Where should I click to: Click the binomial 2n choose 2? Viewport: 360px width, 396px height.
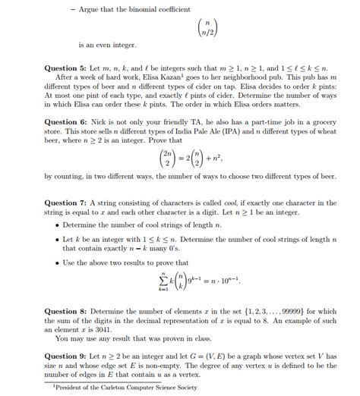pos(163,158)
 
